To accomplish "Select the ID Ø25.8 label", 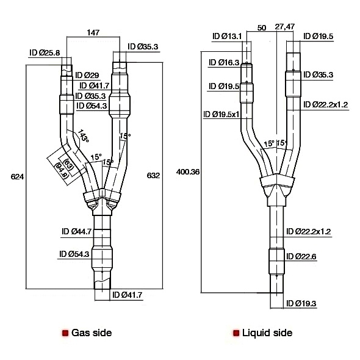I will click(x=45, y=53).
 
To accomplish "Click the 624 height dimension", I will click(x=18, y=177).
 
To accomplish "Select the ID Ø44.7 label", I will click(x=76, y=231).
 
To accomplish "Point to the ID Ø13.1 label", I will click(x=228, y=37).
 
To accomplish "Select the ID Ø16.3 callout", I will click(x=224, y=62).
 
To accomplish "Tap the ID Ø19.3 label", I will click(x=302, y=303).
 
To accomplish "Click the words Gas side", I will click(x=92, y=333).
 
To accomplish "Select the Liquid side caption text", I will click(x=267, y=333).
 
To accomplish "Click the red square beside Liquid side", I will click(x=235, y=334).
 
